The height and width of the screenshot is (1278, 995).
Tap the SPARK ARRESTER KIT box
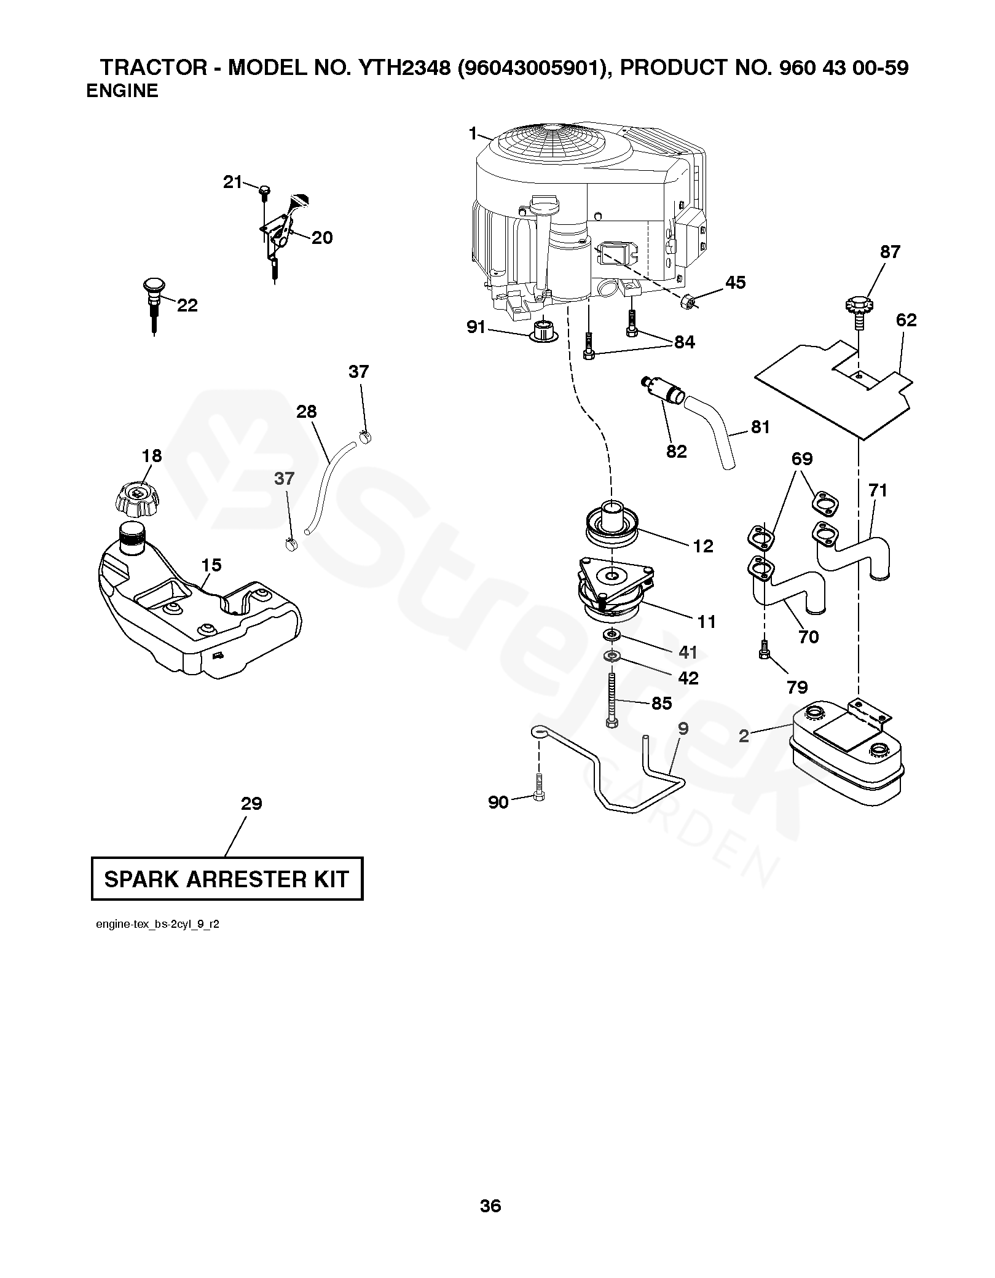click(227, 879)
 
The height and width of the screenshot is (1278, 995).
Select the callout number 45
click(735, 282)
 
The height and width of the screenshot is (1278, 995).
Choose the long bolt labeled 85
click(612, 700)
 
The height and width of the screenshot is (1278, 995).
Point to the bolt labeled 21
click(264, 191)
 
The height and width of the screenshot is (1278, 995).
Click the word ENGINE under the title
click(122, 91)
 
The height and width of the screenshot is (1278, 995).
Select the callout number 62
click(906, 319)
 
